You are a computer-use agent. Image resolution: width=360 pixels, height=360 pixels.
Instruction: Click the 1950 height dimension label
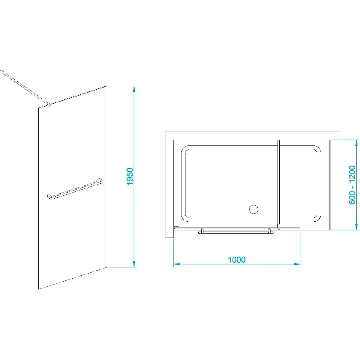point(130,176)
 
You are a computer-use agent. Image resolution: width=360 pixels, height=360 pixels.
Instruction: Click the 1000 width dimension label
point(237,260)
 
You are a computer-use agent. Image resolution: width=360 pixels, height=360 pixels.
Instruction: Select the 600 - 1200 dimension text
point(352,185)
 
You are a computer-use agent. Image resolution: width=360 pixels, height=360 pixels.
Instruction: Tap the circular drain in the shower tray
point(254,209)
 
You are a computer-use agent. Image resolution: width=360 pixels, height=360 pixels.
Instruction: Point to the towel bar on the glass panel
point(75,189)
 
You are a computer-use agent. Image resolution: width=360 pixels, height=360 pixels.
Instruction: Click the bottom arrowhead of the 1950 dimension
point(135,264)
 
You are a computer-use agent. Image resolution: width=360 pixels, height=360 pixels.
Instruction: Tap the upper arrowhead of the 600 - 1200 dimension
point(356,143)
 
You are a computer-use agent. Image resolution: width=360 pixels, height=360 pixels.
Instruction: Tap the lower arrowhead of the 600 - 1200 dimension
point(356,226)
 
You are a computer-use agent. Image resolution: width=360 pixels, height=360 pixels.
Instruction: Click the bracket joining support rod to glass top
point(49,105)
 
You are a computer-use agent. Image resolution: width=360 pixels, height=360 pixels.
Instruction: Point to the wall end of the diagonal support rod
point(1,71)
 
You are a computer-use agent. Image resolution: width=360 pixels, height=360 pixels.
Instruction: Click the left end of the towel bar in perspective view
point(49,197)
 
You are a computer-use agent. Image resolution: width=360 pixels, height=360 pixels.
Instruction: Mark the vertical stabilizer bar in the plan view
point(279,184)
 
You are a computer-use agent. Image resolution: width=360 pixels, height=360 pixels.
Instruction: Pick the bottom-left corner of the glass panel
point(39,289)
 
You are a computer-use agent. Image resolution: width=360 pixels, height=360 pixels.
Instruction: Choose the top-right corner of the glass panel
point(107,86)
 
